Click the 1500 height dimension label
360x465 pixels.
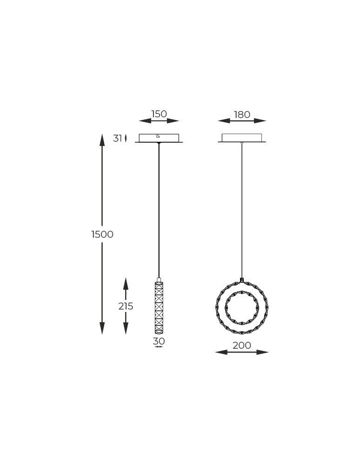pyautogui.click(x=102, y=234)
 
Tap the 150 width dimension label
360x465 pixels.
pyautogui.click(x=159, y=114)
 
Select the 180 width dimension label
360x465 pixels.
pyautogui.click(x=242, y=114)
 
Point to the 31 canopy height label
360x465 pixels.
pyautogui.click(x=117, y=138)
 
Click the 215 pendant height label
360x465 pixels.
pyautogui.click(x=126, y=306)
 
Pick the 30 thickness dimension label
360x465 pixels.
pyautogui.click(x=159, y=341)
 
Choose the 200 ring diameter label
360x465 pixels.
pyautogui.click(x=242, y=345)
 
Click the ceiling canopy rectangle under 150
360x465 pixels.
pyautogui.click(x=159, y=138)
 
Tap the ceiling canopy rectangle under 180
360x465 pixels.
pyautogui.click(x=242, y=138)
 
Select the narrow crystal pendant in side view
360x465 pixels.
pyautogui.click(x=159, y=307)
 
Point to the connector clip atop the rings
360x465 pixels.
pyautogui.click(x=242, y=280)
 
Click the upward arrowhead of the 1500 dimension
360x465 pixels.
pyautogui.click(x=102, y=139)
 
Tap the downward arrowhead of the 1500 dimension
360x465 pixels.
pyautogui.click(x=102, y=328)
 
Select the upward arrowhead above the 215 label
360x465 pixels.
pyautogui.click(x=126, y=283)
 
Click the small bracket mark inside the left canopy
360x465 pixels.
pyautogui.click(x=158, y=136)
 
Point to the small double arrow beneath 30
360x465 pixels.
pyautogui.click(x=159, y=347)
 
